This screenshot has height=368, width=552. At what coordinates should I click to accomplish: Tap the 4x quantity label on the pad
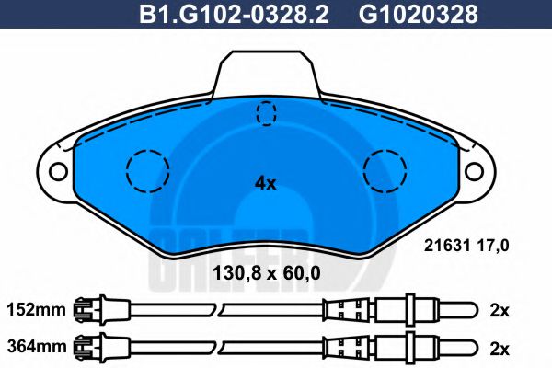pos(265,182)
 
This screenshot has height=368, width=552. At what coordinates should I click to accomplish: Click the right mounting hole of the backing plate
pos(475,170)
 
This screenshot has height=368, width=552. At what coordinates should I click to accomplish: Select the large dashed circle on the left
pos(146,169)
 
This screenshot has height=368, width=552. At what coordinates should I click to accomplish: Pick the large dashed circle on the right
pos(385,169)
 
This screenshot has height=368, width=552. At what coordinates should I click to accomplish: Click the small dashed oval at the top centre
pos(267,114)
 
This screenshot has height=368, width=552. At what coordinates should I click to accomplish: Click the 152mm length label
pos(36,310)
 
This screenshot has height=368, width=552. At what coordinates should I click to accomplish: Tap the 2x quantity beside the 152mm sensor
pos(500,310)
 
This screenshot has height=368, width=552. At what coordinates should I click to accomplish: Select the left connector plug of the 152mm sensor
pos(93,310)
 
